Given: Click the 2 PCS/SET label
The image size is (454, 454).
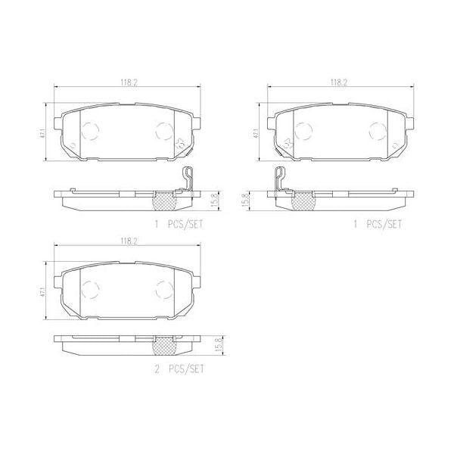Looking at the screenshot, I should click(179, 370).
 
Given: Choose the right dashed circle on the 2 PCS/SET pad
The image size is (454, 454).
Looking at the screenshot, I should click(165, 288).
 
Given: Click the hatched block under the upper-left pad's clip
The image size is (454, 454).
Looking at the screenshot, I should click(165, 201).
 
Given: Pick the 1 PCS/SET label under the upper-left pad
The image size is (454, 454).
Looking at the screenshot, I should click(179, 225).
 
